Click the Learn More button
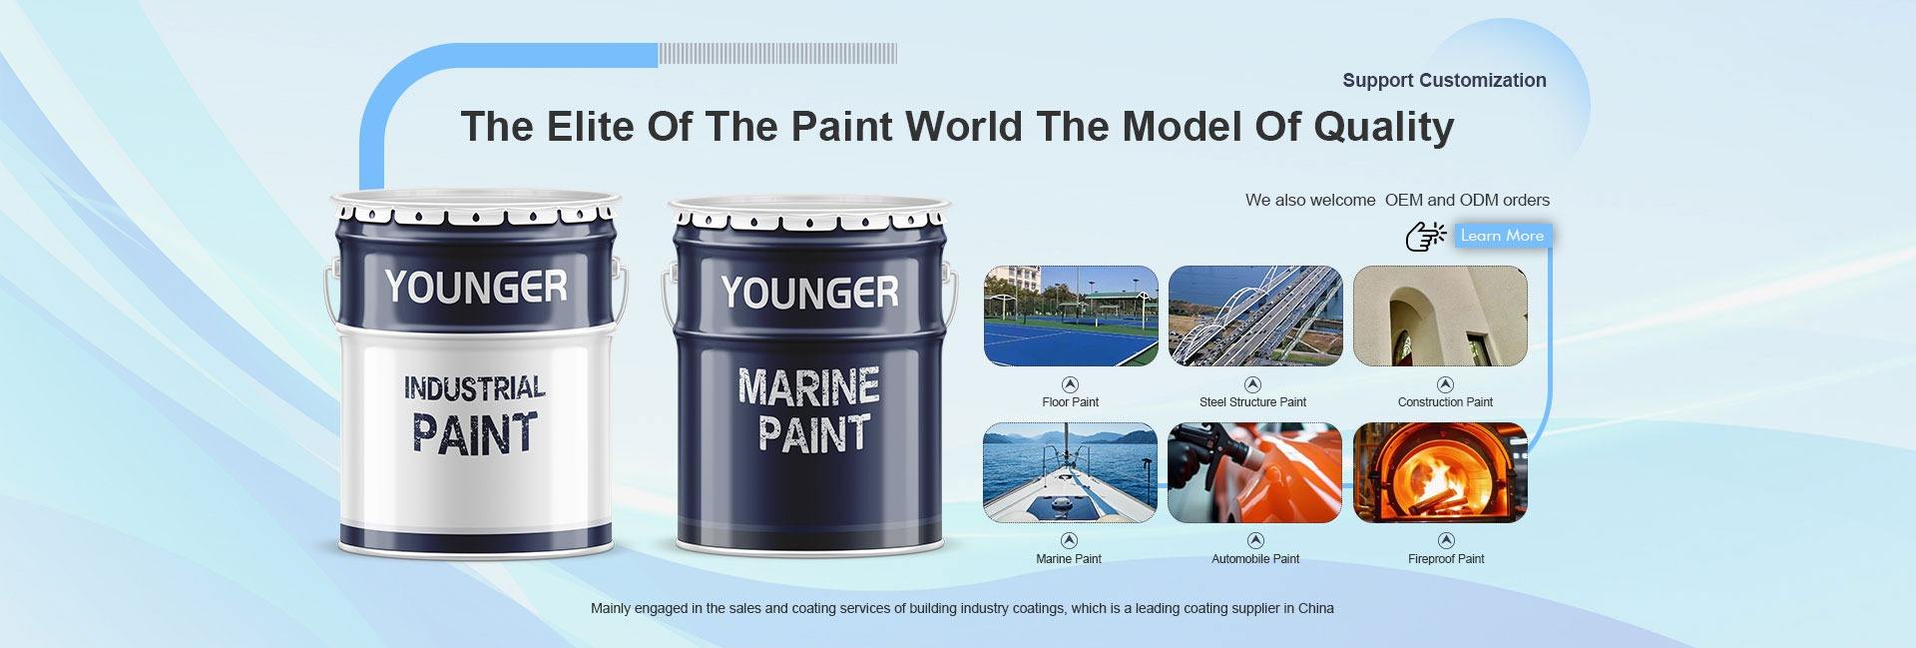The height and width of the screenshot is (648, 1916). (x=1502, y=236)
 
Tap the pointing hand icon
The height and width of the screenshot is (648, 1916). (x=1426, y=237)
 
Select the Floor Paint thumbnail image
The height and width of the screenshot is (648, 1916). (x=1071, y=316)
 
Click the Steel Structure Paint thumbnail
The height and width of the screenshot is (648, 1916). (x=1255, y=316)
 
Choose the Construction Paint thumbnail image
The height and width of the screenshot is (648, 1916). (x=1440, y=316)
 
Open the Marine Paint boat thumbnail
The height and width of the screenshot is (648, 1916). (x=1071, y=472)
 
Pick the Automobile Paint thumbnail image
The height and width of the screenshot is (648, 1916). (x=1255, y=472)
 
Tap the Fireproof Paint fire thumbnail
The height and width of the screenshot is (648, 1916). (x=1440, y=472)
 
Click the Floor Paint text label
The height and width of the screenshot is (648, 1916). (x=1070, y=402)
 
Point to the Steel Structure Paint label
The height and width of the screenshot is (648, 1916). (x=1252, y=402)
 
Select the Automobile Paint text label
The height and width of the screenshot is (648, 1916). (x=1255, y=559)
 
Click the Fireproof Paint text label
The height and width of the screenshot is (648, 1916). (x=1446, y=559)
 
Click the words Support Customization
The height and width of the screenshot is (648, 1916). (x=1444, y=81)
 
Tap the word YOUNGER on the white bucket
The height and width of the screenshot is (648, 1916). (x=476, y=287)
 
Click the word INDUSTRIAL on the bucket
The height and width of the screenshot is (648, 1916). (x=475, y=387)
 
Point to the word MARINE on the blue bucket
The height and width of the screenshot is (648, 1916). (x=809, y=387)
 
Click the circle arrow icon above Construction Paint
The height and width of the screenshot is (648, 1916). (x=1445, y=384)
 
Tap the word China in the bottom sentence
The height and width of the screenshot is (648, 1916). (x=1315, y=608)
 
